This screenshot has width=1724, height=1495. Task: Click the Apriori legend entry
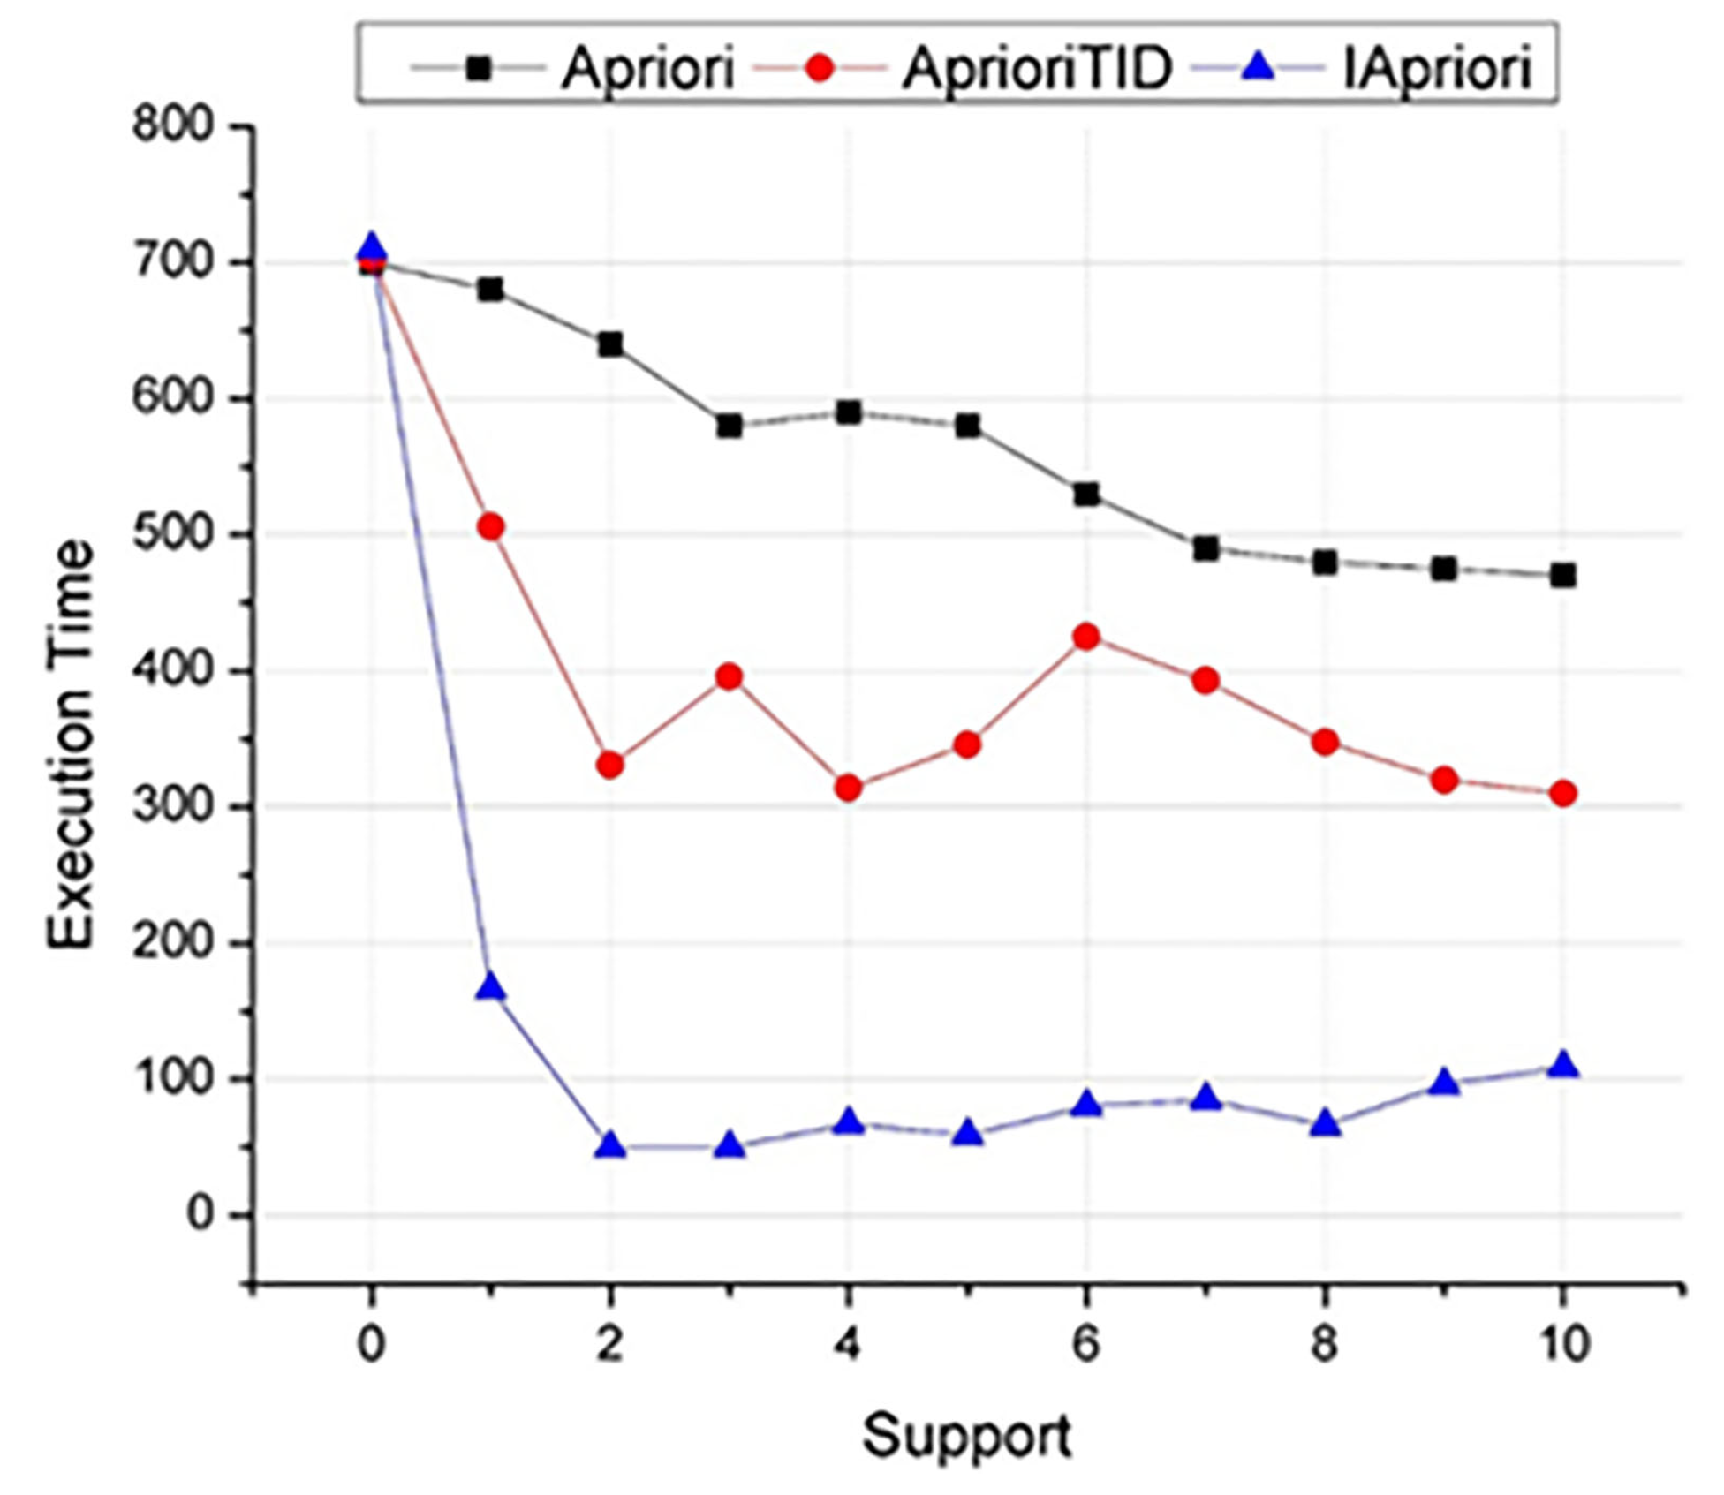pos(646,68)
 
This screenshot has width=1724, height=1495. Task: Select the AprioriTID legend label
pos(1037,68)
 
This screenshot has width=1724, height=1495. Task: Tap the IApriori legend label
pos(1436,68)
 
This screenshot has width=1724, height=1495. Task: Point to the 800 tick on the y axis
pos(173,125)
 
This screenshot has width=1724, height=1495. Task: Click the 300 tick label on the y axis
pos(173,806)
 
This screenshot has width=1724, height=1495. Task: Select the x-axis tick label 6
pos(1085,1344)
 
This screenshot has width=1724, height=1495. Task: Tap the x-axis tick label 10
pos(1562,1344)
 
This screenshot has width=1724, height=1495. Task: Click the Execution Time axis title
pos(71,744)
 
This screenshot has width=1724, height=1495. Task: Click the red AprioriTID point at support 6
pos(1086,637)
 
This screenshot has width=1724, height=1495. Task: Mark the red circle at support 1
pos(490,527)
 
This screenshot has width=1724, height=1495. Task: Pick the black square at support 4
pos(848,412)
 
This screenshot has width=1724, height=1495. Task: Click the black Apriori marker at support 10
pos(1562,576)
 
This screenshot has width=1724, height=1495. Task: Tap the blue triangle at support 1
pos(490,987)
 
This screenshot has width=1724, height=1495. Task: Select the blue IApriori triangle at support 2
pos(609,1146)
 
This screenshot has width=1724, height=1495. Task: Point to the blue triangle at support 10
pos(1562,1065)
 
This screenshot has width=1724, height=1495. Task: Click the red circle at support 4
pos(848,788)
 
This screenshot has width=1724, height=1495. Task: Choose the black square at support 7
pos(1206,548)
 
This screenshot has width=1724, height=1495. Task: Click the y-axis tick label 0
pos(200,1215)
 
